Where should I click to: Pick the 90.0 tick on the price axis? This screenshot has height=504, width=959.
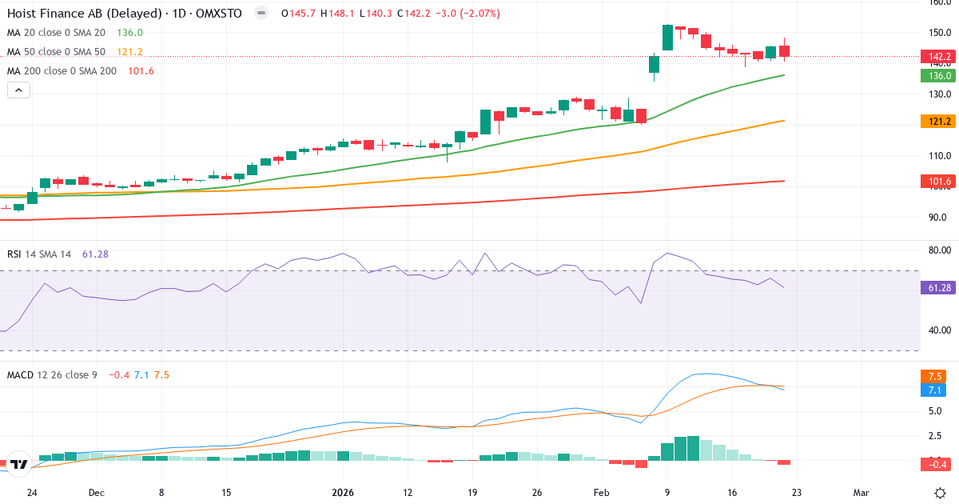(937, 218)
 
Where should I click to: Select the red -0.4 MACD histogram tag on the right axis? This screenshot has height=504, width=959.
(936, 464)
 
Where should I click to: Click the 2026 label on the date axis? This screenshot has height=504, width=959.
(343, 492)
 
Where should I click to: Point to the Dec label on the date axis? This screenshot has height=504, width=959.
(97, 492)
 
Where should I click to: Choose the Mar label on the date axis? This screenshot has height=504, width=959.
(861, 492)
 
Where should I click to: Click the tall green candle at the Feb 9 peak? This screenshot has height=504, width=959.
(667, 38)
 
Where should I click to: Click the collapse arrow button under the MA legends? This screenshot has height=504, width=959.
(18, 90)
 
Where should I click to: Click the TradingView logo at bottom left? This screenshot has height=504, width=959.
(19, 463)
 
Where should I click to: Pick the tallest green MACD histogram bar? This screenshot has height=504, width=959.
(694, 448)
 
